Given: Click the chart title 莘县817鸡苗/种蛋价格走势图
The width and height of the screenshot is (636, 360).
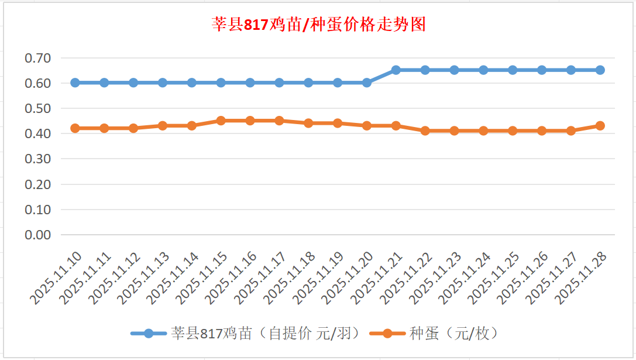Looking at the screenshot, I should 318,25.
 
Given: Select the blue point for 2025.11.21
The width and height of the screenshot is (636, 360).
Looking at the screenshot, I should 396,70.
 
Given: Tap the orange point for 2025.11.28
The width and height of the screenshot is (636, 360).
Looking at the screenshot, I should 600,126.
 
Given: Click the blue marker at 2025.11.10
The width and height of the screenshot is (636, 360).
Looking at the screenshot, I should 75,83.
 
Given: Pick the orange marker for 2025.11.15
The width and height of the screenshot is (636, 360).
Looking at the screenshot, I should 221,121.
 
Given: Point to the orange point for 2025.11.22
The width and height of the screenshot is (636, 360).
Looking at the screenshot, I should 425,131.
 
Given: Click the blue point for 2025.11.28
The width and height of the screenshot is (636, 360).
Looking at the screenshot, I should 600,70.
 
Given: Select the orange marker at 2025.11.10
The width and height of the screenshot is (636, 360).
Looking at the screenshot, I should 75,128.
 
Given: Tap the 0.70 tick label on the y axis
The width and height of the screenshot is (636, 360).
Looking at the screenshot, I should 38,58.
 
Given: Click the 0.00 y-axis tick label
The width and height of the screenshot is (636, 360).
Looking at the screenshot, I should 38,235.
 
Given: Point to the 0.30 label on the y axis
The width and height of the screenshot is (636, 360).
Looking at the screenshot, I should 38,159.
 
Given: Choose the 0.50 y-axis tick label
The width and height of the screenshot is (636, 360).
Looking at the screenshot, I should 38,108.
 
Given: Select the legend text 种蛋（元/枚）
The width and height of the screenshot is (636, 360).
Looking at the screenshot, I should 453,334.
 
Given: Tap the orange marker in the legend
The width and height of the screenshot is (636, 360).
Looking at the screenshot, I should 387,334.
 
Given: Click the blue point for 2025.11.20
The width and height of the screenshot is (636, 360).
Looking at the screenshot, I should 367,83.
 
